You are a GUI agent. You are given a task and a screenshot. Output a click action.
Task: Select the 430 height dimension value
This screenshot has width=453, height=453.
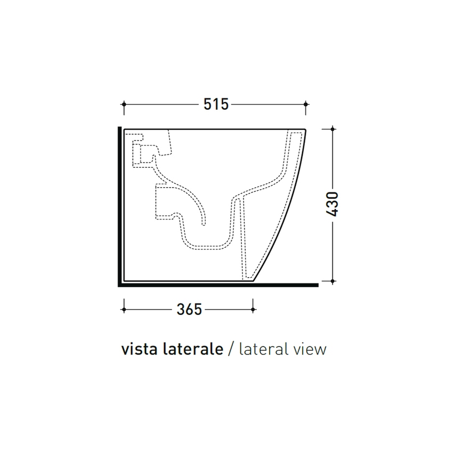point(333,204)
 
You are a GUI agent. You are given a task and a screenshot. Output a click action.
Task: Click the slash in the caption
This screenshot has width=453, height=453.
point(231,350)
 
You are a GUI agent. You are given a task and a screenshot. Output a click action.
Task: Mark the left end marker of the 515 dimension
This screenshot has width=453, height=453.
point(124,104)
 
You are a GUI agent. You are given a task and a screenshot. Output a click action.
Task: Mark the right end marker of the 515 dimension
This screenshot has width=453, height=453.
point(305,104)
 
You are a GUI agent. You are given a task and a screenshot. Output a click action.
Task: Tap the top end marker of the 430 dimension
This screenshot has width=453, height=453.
point(333,128)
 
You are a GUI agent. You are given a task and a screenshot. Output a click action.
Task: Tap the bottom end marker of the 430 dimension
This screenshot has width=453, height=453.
point(333,280)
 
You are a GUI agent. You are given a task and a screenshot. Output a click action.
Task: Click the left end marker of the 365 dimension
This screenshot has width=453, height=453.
point(124,309)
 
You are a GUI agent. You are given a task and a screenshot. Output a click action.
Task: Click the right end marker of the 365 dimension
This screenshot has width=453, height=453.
point(253,309)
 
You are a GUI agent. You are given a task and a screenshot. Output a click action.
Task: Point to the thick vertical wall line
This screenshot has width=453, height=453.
point(119,203)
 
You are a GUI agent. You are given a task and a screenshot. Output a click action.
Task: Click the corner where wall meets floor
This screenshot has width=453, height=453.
point(119,285)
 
